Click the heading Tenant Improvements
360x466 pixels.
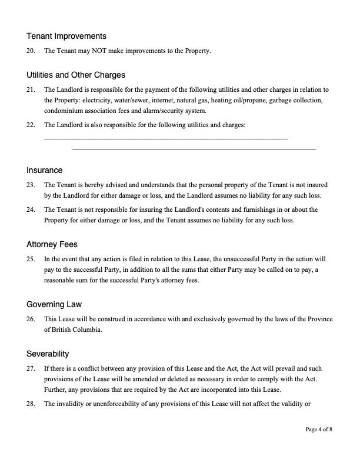point(66,36)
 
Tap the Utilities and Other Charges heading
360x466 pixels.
point(76,75)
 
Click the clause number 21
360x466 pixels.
point(31,90)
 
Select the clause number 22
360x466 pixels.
point(31,125)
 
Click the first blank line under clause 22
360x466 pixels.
point(166,138)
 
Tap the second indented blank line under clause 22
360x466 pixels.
point(194,149)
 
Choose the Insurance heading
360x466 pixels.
point(44,170)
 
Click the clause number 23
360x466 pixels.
point(31,185)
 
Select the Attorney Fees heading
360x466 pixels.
point(52,244)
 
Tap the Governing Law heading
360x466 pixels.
point(54,304)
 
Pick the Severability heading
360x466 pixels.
point(48,354)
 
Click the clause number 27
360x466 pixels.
point(31,368)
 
